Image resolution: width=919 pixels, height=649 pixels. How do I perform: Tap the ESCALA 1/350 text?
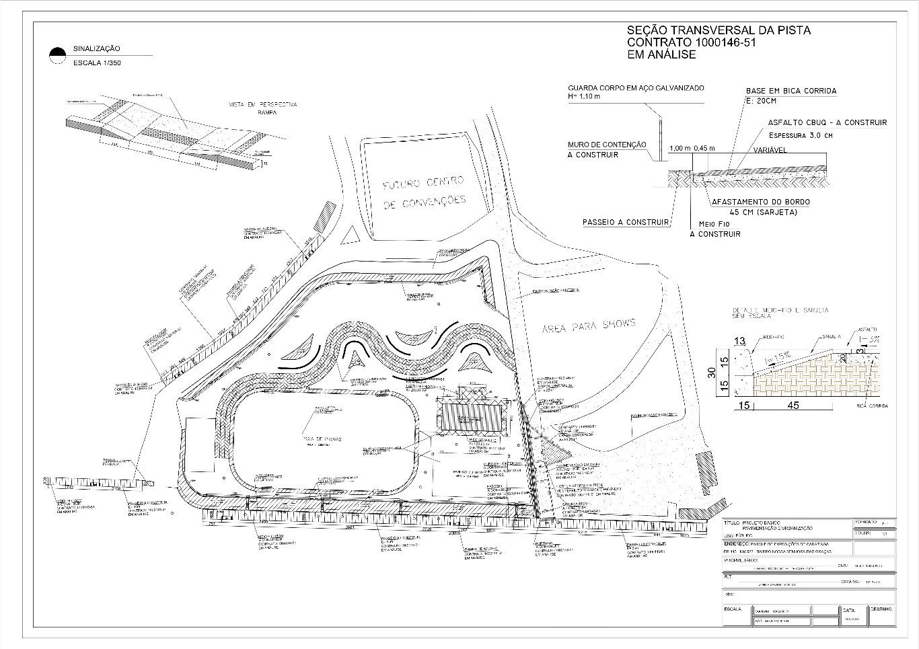97,63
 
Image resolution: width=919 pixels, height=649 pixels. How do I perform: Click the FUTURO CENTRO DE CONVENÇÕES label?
424,192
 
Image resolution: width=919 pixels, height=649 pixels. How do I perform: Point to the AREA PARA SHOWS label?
588,326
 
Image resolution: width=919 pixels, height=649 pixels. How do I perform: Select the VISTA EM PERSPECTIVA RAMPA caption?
263,108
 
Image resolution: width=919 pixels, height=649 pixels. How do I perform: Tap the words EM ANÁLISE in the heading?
661,55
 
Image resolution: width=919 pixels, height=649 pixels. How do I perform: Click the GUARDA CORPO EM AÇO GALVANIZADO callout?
636,88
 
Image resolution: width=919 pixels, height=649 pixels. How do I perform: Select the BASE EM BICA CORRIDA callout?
791,91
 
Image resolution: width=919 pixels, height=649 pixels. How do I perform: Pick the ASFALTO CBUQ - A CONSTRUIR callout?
827,122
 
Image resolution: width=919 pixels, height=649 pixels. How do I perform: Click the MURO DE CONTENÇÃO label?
607,145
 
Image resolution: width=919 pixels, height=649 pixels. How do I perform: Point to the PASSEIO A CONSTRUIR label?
626,222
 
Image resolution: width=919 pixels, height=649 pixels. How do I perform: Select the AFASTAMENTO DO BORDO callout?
760,202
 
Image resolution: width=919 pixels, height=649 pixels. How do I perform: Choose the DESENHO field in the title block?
881,609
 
